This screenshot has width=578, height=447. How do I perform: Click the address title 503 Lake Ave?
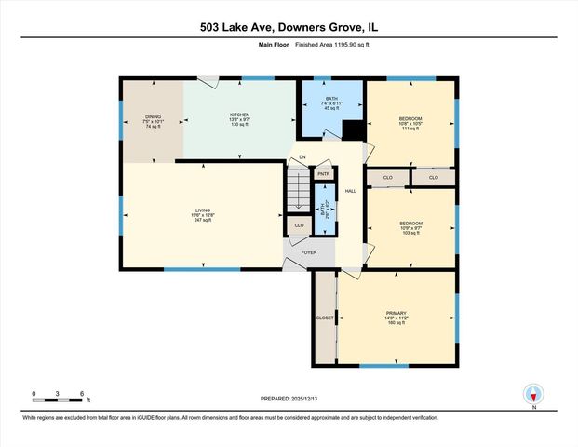[289, 27]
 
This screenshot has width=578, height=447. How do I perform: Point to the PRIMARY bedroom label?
[397, 313]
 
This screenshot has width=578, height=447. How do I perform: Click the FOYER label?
[308, 252]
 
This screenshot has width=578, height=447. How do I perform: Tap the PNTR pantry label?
[324, 174]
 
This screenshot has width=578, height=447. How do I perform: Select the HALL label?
[351, 191]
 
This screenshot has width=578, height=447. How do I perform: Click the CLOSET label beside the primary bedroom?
[325, 318]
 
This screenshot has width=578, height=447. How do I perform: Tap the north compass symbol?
[533, 396]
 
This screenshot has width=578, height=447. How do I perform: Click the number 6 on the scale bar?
[83, 394]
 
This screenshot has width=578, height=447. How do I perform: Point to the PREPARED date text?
[289, 398]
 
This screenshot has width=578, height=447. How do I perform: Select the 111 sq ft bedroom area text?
[410, 129]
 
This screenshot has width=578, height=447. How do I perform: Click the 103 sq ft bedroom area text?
[410, 233]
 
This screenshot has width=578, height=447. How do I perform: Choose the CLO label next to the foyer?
[299, 225]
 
